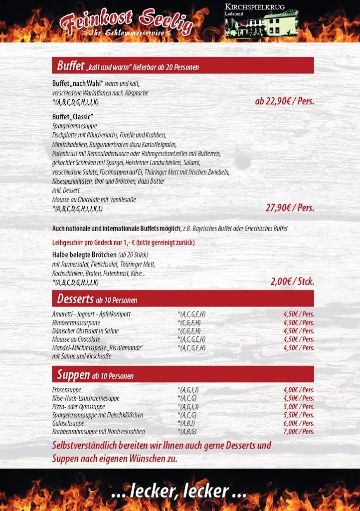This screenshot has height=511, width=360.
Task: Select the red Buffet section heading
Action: click(182, 65)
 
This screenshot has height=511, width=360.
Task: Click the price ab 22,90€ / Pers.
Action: click(284, 101)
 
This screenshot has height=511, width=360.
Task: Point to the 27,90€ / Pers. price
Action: click(290, 208)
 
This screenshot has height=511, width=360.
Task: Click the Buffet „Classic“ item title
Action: click(73, 117)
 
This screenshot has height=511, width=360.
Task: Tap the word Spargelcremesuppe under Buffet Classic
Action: click(74, 126)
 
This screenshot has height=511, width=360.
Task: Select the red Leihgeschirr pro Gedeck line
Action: click(123, 243)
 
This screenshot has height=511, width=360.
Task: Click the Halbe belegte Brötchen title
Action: click(84, 255)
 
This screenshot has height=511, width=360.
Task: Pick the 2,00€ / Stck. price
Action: click(292, 281)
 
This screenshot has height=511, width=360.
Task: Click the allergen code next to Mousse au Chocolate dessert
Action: click(191, 339)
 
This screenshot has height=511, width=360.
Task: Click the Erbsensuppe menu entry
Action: click(67, 390)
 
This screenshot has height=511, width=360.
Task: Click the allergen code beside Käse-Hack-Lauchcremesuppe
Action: click(187, 398)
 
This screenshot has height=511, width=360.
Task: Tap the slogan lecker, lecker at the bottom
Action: click(179, 491)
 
